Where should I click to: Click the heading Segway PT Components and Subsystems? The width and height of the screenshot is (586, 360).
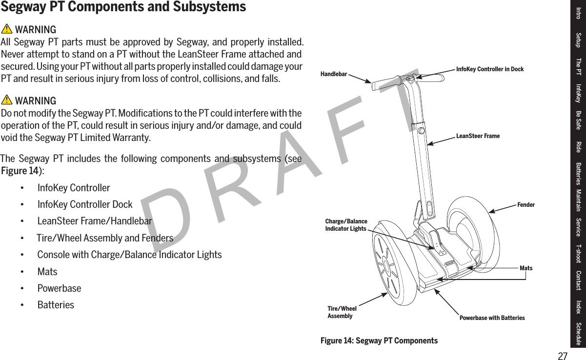123,7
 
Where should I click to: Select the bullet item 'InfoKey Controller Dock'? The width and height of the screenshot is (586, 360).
84,204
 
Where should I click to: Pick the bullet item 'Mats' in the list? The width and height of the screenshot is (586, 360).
47,272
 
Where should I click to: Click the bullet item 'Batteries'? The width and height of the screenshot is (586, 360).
56,305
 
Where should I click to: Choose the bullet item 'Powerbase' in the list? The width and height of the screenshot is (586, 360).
59,288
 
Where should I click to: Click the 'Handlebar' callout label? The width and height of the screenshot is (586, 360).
334,74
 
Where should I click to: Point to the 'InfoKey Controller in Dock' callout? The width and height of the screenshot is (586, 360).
489,69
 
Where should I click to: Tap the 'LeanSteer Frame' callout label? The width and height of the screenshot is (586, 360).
478,136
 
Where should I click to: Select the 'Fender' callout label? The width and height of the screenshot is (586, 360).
525,205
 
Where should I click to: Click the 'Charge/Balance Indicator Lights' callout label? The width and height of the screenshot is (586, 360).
346,225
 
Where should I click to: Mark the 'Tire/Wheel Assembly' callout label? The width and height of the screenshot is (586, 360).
342,312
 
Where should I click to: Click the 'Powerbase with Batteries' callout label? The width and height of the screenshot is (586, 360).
492,318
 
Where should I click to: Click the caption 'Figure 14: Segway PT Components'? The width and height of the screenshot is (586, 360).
379,340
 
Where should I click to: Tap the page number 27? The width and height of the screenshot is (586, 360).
563,356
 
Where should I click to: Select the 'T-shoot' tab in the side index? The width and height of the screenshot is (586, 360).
578,253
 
